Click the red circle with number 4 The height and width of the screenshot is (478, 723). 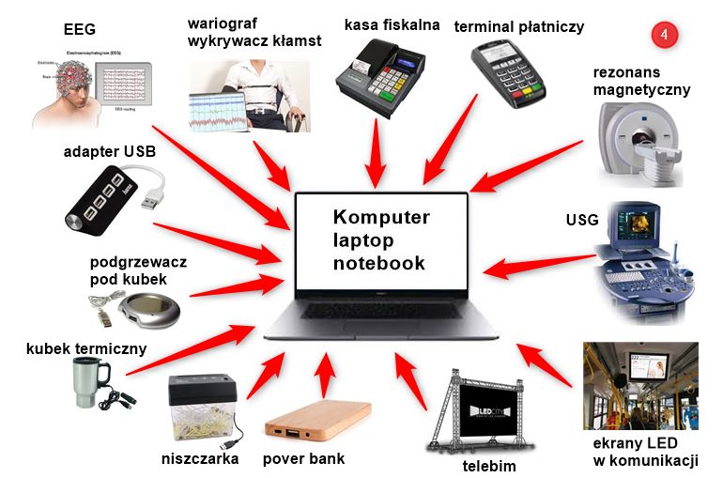tap(664, 35)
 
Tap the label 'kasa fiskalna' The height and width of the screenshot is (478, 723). tap(392, 24)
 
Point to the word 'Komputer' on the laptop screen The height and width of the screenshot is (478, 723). tap(381, 218)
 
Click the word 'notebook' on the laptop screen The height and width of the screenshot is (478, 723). tap(379, 263)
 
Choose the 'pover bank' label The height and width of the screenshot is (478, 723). tap(303, 459)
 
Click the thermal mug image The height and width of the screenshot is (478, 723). tap(90, 385)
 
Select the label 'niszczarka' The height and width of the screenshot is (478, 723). tap(199, 459)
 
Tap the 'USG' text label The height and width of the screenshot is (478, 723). tap(581, 221)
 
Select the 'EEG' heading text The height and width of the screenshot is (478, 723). tap(79, 29)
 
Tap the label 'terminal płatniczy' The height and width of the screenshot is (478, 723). tap(518, 26)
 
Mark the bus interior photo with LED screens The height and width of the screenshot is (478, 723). tap(639, 384)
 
